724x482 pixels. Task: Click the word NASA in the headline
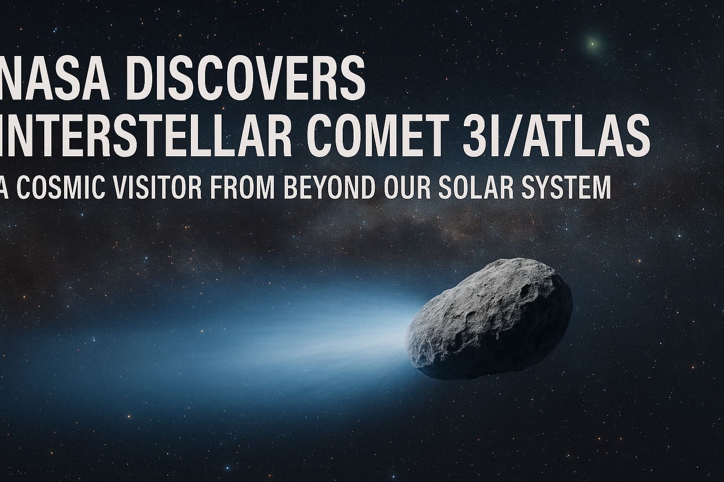coord(54,78)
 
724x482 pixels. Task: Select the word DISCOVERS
coord(245,78)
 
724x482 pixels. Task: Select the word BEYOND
coord(329,187)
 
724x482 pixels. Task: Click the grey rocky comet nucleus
coord(489,319)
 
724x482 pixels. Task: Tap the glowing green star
coord(592,43)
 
